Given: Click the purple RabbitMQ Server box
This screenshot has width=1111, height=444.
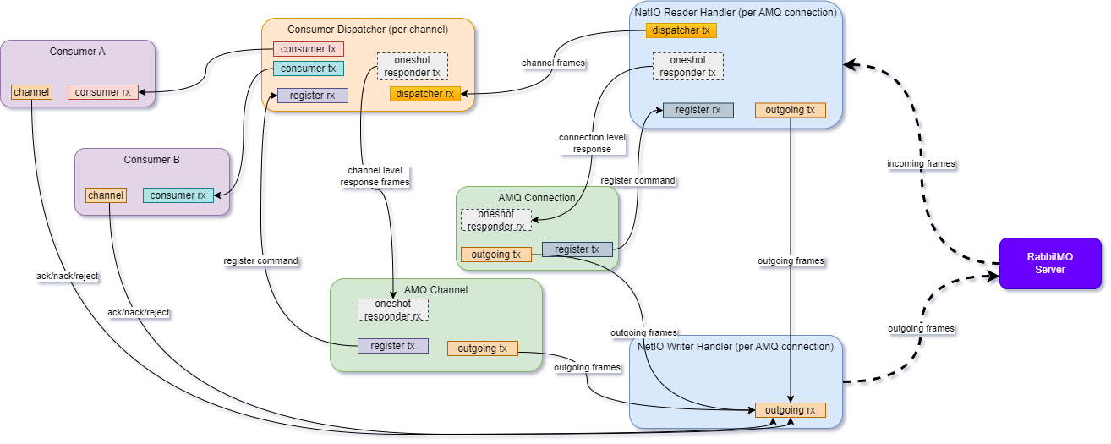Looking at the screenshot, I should [1051, 264].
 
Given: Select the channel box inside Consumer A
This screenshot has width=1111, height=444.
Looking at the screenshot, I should [31, 91].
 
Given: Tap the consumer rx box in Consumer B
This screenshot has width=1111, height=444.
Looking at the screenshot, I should [178, 195].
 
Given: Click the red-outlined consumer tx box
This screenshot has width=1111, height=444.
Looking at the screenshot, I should [308, 49].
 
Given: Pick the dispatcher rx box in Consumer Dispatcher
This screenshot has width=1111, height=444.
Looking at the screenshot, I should [425, 94].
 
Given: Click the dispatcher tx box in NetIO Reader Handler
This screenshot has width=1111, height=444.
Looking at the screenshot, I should [681, 30].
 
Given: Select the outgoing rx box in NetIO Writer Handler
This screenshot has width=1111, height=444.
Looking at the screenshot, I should [790, 410].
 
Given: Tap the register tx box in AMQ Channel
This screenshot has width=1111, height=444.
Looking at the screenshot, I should [393, 346].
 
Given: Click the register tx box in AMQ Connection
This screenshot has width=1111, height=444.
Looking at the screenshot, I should [577, 249].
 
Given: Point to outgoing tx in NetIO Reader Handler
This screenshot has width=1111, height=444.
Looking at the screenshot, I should [790, 110].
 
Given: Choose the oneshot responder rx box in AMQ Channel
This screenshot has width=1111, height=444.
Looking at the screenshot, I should [393, 310].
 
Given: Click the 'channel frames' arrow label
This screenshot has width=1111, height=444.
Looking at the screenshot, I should [553, 63].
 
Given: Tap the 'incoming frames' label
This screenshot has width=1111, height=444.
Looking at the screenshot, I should [921, 163].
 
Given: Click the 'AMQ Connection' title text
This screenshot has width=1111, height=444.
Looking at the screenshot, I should [537, 197].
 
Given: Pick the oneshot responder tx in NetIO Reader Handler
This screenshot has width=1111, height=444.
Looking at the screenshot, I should [687, 67].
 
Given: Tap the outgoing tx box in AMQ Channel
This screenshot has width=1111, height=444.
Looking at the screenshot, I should [482, 348].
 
